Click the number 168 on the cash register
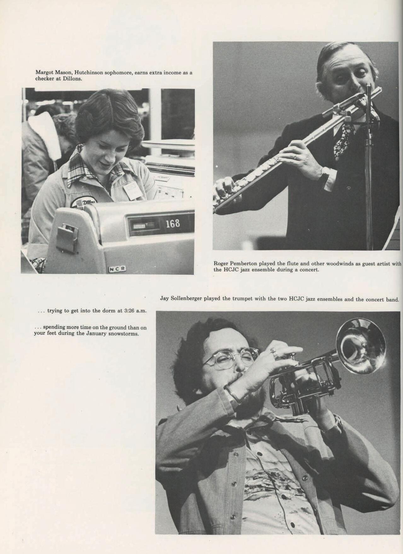pyautogui.click(x=173, y=223)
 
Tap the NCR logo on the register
pyautogui.click(x=117, y=269)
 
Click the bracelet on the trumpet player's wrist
pyautogui.click(x=232, y=394)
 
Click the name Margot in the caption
pyautogui.click(x=44, y=73)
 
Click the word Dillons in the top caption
pyautogui.click(x=72, y=78)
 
